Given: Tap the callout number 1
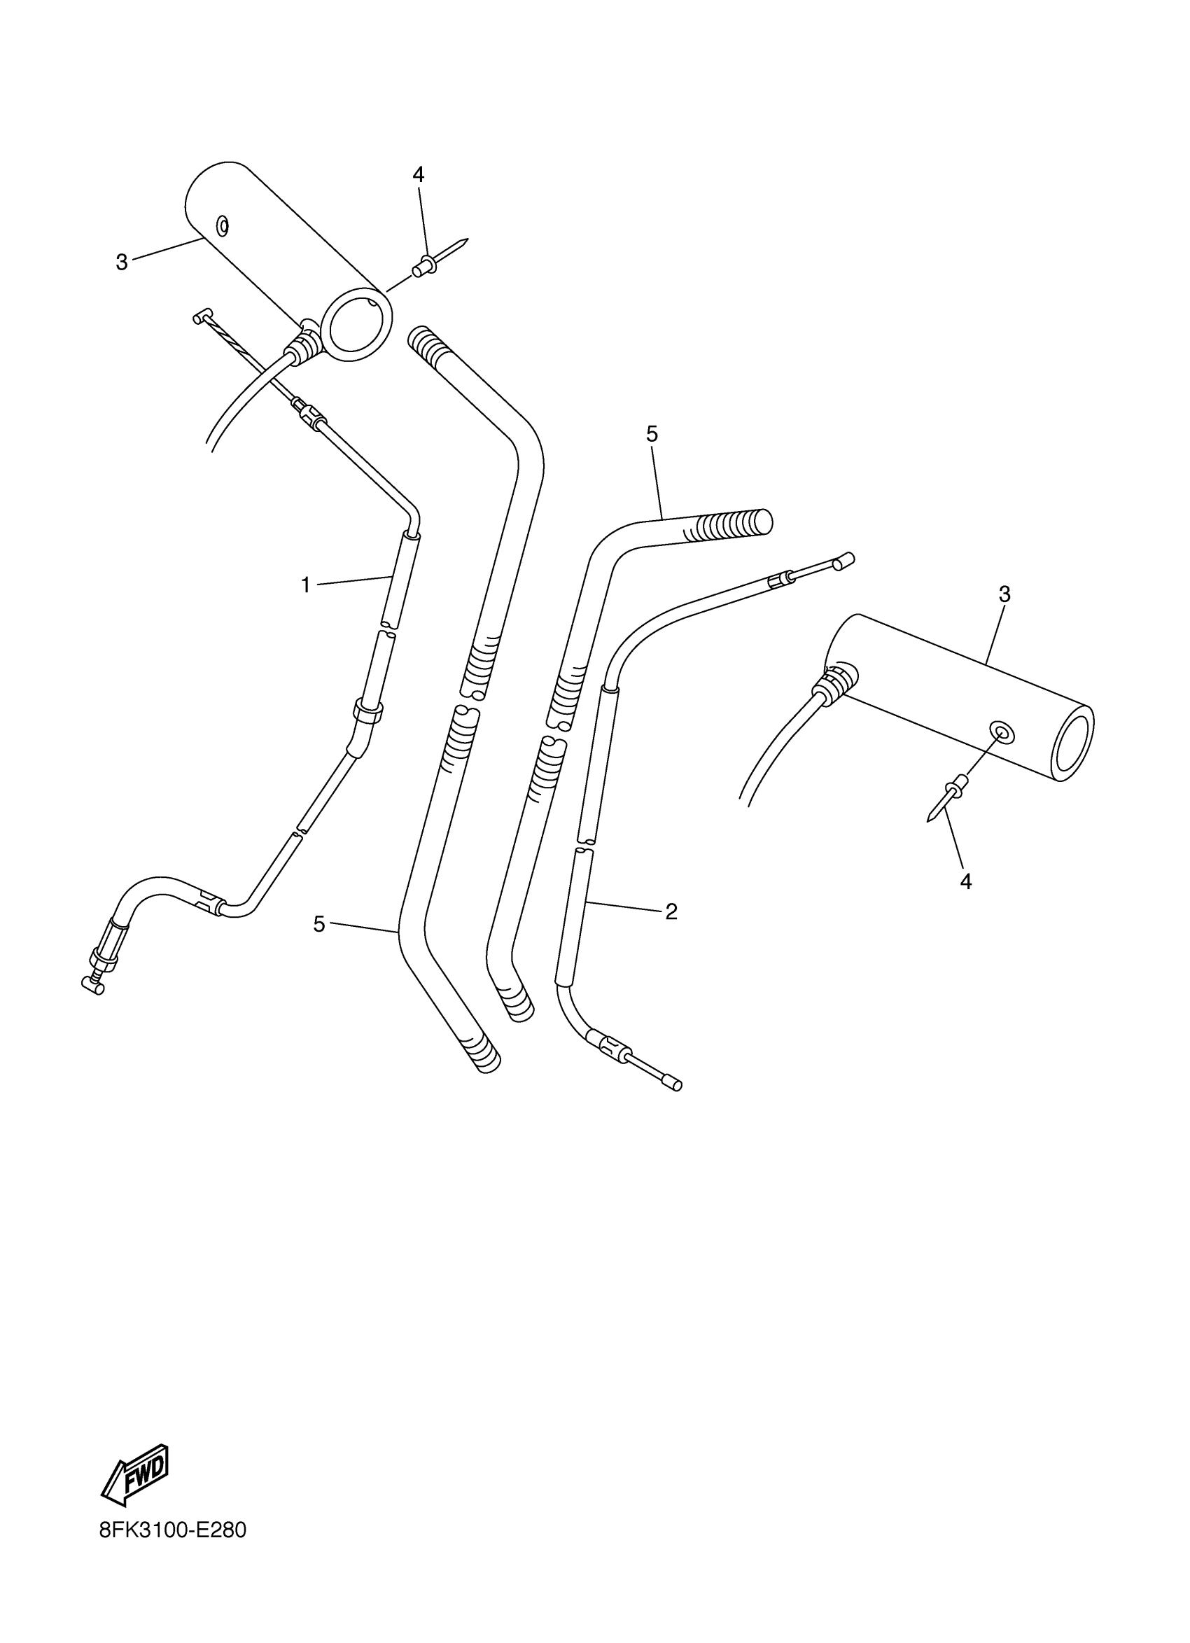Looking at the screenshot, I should click(x=306, y=585).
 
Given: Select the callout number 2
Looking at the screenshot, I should click(x=671, y=912).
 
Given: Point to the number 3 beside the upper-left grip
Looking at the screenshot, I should click(x=122, y=262).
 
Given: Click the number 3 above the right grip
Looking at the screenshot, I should click(x=1004, y=594).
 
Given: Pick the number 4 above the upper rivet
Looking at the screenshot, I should click(x=418, y=174).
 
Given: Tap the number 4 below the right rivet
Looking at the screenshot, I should click(x=965, y=881).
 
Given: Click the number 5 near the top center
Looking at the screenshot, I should click(x=652, y=435).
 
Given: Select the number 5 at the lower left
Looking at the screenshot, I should click(x=319, y=923).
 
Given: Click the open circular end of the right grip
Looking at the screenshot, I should click(x=1072, y=746).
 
